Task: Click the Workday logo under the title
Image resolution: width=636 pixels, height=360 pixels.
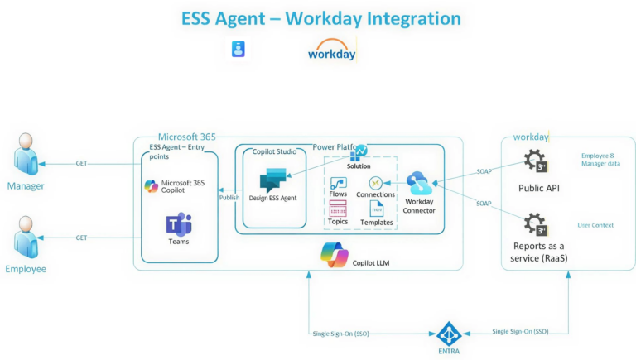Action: (x=331, y=50)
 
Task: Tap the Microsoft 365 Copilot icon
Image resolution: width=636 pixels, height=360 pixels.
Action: (x=151, y=186)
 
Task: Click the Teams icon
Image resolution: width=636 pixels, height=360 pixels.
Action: (x=179, y=224)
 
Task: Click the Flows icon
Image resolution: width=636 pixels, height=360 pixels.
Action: (x=338, y=183)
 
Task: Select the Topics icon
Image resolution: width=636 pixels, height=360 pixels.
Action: (x=338, y=209)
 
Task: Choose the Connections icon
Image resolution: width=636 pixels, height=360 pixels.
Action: (x=375, y=182)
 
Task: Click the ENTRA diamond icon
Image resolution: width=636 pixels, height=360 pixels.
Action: (x=448, y=334)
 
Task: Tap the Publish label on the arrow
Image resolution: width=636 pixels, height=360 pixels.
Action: (x=229, y=197)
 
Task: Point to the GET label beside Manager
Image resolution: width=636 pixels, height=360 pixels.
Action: (x=82, y=163)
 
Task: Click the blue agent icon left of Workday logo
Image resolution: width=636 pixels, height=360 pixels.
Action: (x=238, y=50)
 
